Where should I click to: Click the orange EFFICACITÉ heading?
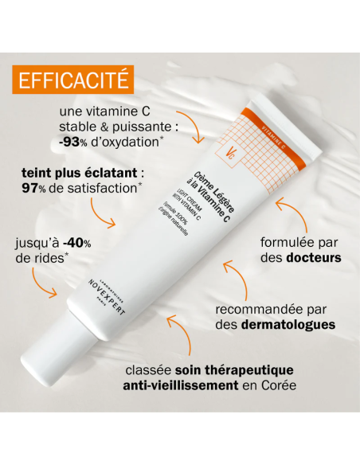(72, 81)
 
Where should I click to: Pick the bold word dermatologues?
(284, 325)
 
